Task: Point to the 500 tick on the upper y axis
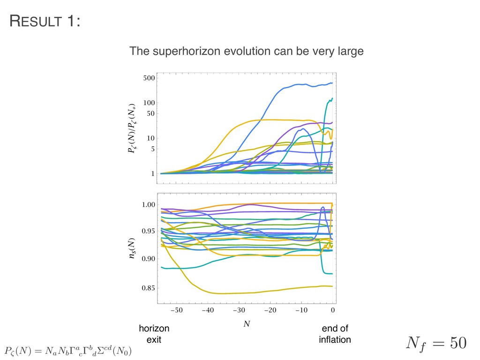tap(149, 79)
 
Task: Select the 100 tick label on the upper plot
tap(149, 103)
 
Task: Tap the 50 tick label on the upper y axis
tap(150, 113)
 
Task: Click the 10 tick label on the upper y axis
tap(150, 138)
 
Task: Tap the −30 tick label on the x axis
tap(239, 310)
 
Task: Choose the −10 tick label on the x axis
tap(301, 310)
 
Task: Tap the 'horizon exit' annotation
tap(154, 334)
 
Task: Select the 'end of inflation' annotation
tap(335, 334)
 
